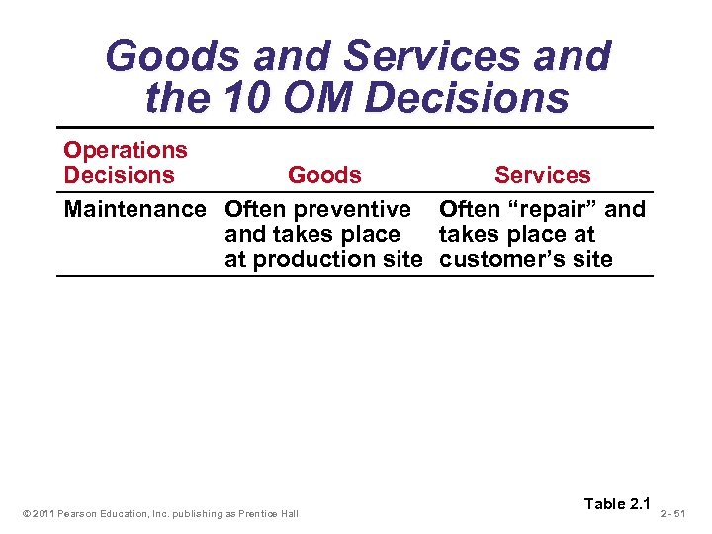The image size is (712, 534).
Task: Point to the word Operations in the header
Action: [126, 150]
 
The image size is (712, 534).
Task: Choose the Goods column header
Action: [324, 175]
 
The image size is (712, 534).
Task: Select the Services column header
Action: [542, 175]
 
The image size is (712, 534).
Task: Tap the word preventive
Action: [359, 209]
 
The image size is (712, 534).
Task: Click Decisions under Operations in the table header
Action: [119, 175]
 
